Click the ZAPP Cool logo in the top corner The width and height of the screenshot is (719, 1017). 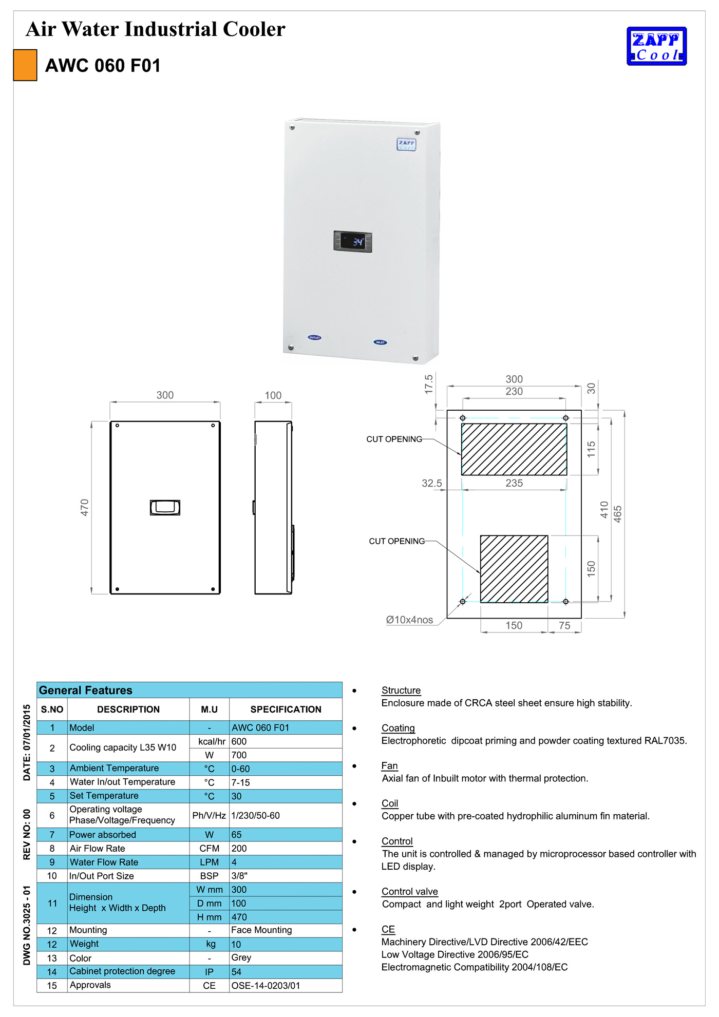tap(656, 46)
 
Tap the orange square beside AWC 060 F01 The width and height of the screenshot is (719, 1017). tap(25, 65)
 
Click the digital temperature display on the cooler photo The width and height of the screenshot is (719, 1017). tap(353, 241)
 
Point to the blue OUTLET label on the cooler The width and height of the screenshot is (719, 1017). tap(314, 338)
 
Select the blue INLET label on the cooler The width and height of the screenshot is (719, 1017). tap(380, 342)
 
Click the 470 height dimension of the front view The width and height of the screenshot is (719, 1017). tap(85, 507)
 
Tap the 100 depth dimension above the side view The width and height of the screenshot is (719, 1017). tap(273, 395)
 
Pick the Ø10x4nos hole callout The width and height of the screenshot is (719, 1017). tap(409, 620)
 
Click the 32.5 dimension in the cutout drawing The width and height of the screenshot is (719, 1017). tap(431, 483)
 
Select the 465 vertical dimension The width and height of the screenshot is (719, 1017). tap(618, 514)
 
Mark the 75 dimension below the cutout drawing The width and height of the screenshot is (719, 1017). tap(564, 625)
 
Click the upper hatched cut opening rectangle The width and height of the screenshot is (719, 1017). tap(514, 449)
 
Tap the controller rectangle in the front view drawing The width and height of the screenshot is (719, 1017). tap(165, 507)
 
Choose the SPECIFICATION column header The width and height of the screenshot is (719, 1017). tap(286, 709)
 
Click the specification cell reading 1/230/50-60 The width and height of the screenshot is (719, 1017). tap(256, 815)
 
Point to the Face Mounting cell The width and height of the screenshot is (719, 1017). tap(261, 930)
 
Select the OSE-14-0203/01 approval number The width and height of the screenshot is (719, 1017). tap(266, 986)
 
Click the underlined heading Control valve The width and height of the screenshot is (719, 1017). tap(409, 892)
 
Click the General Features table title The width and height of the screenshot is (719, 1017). tap(86, 690)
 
